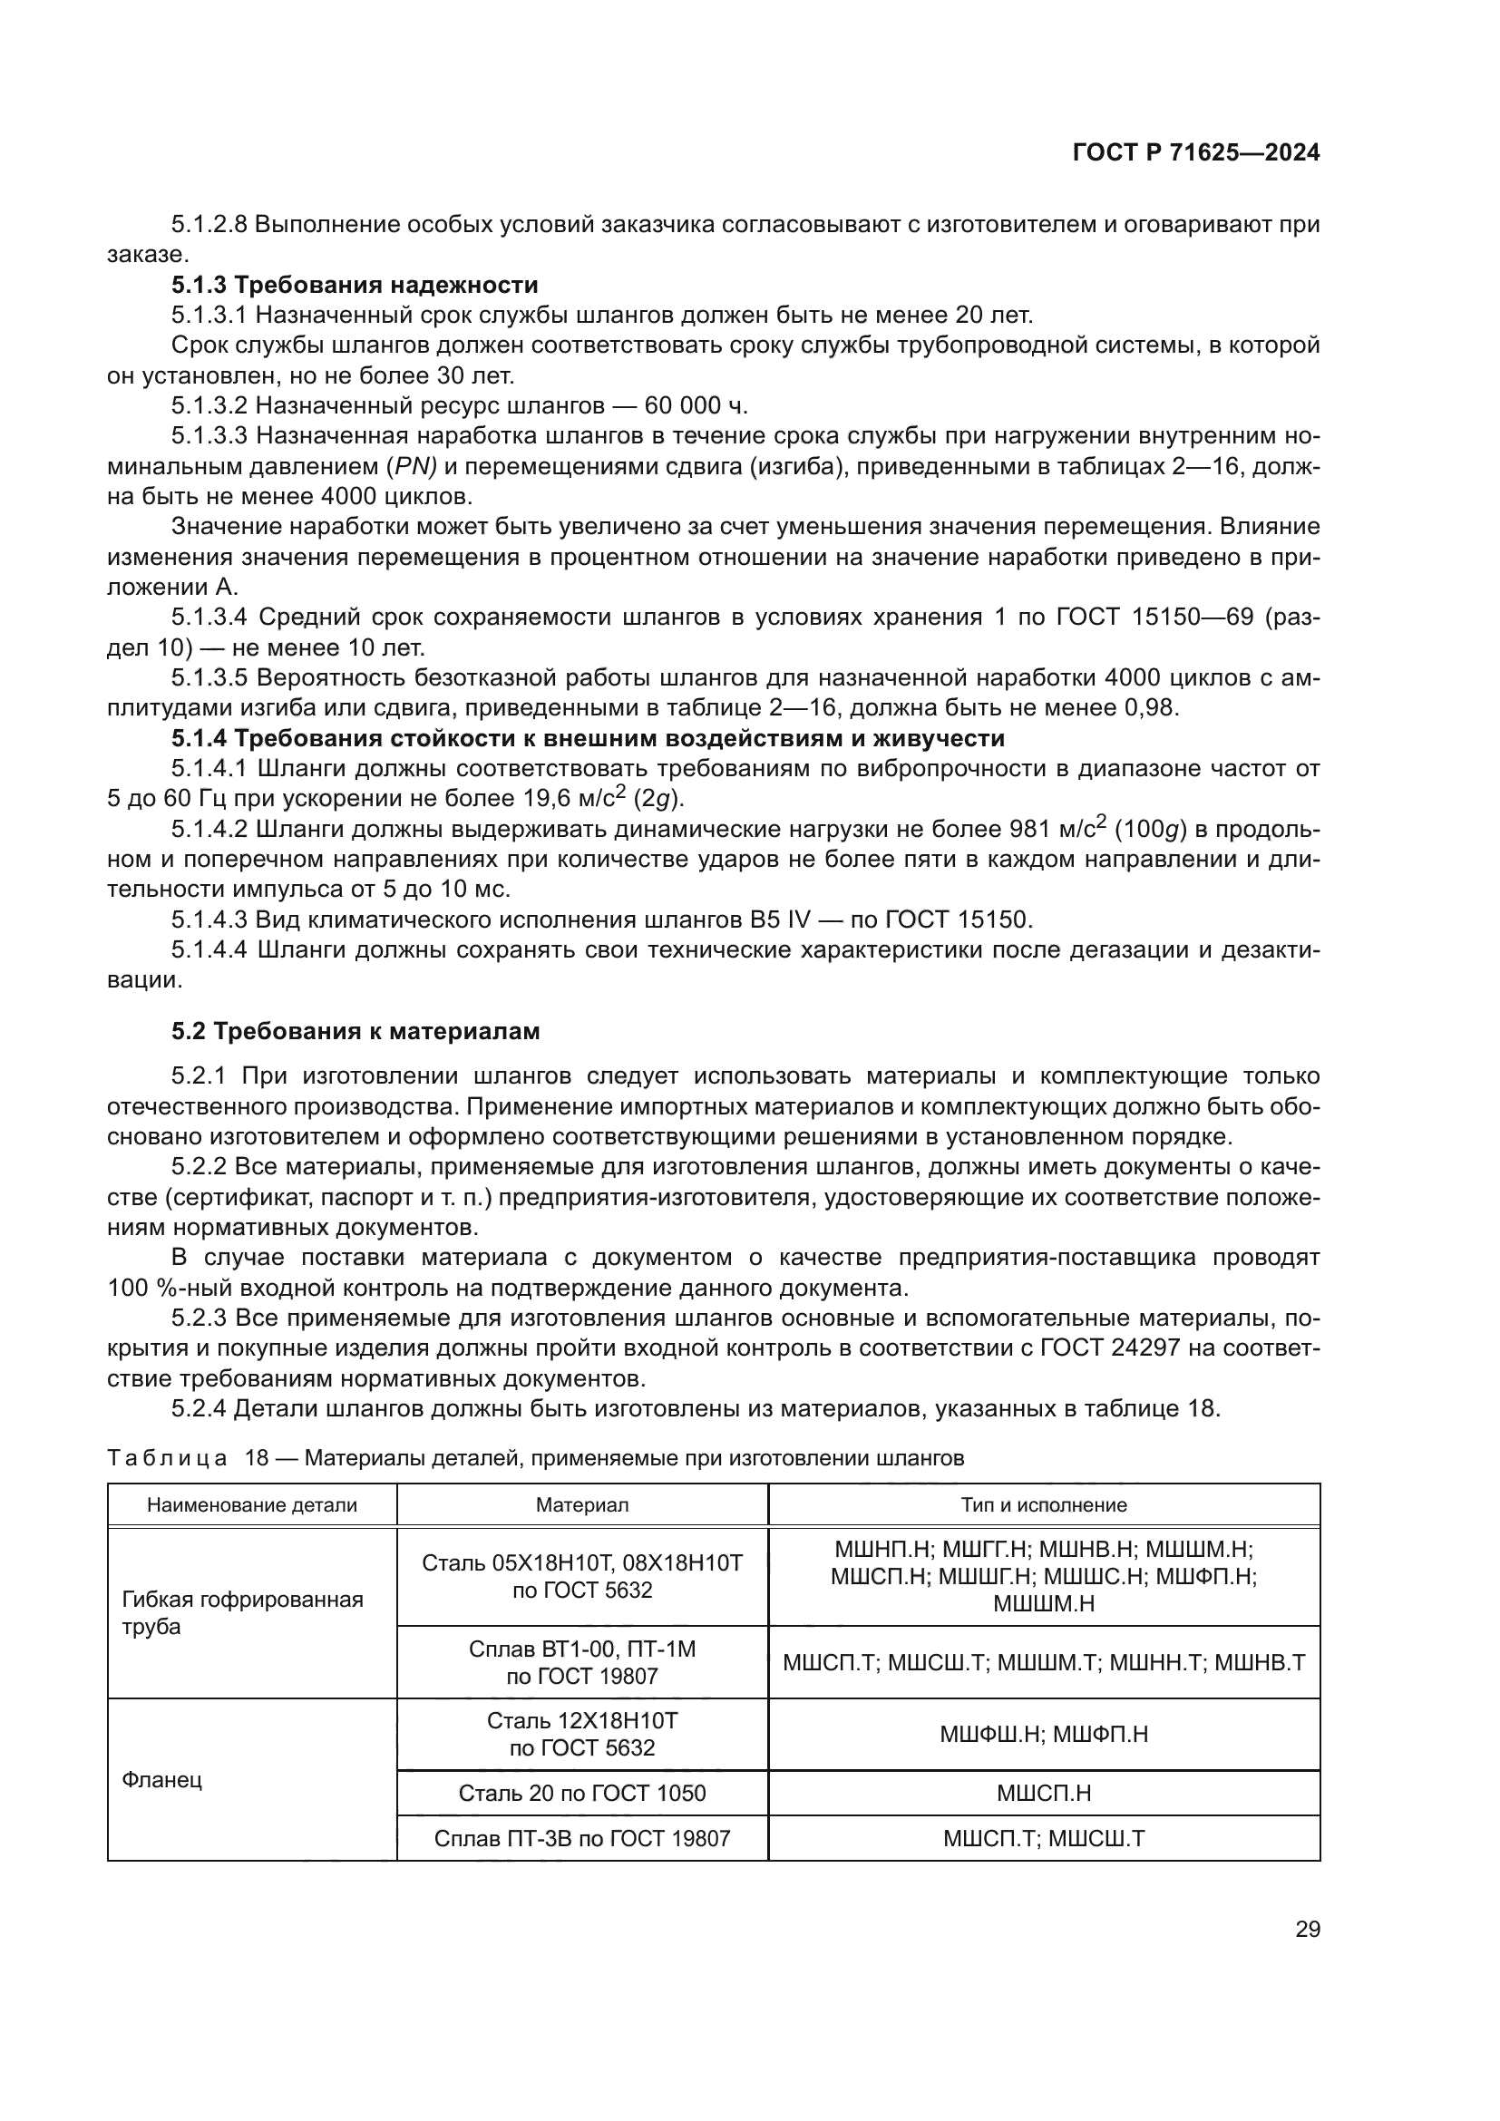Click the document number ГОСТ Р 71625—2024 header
click(x=1195, y=153)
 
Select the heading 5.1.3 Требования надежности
click(x=355, y=285)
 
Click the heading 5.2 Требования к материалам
click(x=356, y=1031)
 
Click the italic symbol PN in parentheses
click(x=411, y=466)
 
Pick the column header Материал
click(x=582, y=1505)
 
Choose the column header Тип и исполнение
click(x=1044, y=1505)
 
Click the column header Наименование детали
click(x=252, y=1505)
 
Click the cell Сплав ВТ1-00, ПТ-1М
click(x=582, y=1663)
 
